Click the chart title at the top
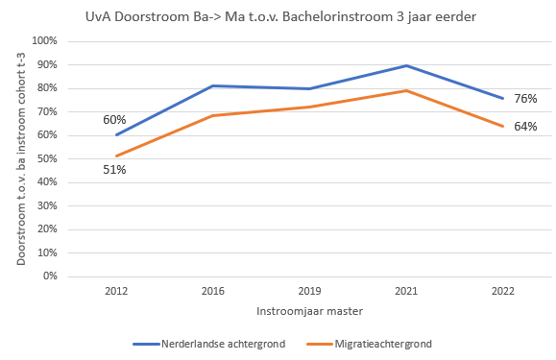point(280,16)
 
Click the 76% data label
point(525,99)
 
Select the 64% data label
point(525,127)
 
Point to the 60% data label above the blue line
point(114,120)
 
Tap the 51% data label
point(114,170)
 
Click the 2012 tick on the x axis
point(116,291)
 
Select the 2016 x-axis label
point(213,291)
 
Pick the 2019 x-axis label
point(309,291)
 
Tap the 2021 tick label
point(406,291)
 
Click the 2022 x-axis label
point(503,291)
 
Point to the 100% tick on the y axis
point(44,40)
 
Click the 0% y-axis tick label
point(50,276)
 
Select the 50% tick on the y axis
point(47,158)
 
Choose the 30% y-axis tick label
point(47,205)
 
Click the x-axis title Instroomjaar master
point(309,311)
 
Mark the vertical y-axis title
point(21,158)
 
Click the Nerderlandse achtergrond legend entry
point(209,344)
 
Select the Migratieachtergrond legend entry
point(369,344)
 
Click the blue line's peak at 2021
point(406,65)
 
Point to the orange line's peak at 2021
point(406,90)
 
